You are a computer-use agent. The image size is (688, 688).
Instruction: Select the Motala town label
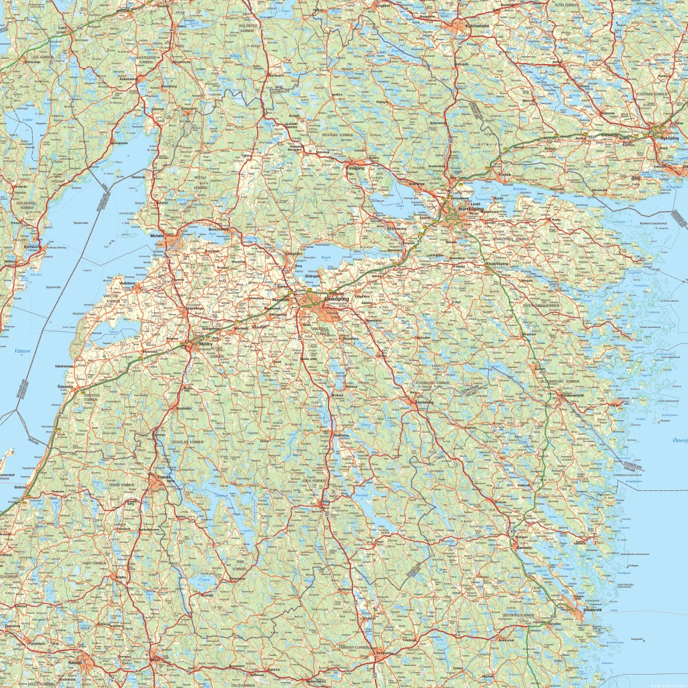click(x=157, y=236)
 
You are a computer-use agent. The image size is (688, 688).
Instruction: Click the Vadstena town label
click(x=127, y=283)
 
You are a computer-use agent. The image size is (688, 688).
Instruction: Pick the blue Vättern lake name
click(x=22, y=351)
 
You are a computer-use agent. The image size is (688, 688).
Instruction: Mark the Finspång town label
click(x=356, y=168)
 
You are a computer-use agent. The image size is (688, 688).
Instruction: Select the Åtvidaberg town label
click(x=421, y=403)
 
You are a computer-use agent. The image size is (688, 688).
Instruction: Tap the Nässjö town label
click(x=75, y=663)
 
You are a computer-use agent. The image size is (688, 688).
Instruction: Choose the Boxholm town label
click(x=183, y=407)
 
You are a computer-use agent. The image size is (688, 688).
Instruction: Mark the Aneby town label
click(x=121, y=576)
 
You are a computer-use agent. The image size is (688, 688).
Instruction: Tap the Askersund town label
click(x=127, y=78)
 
